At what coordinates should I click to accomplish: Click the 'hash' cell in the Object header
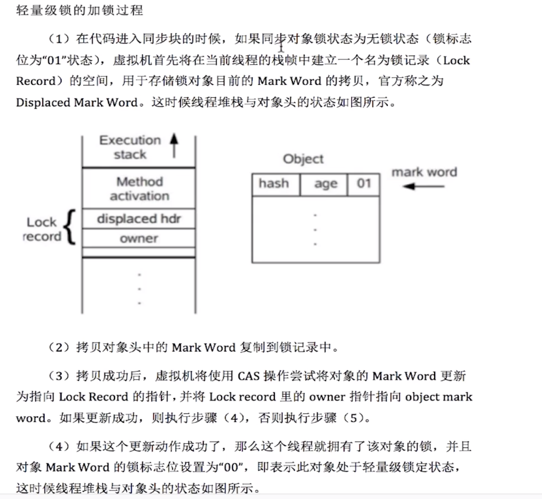pyautogui.click(x=274, y=184)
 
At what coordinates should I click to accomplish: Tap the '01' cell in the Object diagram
pyautogui.click(x=363, y=184)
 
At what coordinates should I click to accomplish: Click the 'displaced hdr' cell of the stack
pyautogui.click(x=139, y=219)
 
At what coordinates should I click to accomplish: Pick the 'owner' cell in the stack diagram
pyautogui.click(x=139, y=238)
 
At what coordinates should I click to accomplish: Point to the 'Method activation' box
pyautogui.click(x=139, y=188)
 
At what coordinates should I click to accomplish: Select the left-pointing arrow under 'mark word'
pyautogui.click(x=423, y=186)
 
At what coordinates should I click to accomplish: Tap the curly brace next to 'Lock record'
pyautogui.click(x=70, y=228)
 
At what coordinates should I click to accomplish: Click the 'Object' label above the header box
pyautogui.click(x=303, y=159)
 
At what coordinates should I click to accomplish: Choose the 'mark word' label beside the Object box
pyautogui.click(x=424, y=172)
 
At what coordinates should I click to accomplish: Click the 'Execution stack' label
pyautogui.click(x=130, y=147)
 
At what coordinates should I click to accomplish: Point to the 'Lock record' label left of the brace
pyautogui.click(x=42, y=229)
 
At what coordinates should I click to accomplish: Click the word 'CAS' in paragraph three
pyautogui.click(x=249, y=376)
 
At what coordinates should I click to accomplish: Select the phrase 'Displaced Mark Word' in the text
pyautogui.click(x=76, y=102)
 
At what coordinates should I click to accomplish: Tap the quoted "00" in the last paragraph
pyautogui.click(x=232, y=467)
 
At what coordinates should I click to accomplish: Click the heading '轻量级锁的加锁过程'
pyautogui.click(x=79, y=10)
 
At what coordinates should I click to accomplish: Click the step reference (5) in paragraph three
pyautogui.click(x=353, y=418)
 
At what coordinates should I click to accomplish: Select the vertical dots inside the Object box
pyautogui.click(x=315, y=230)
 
